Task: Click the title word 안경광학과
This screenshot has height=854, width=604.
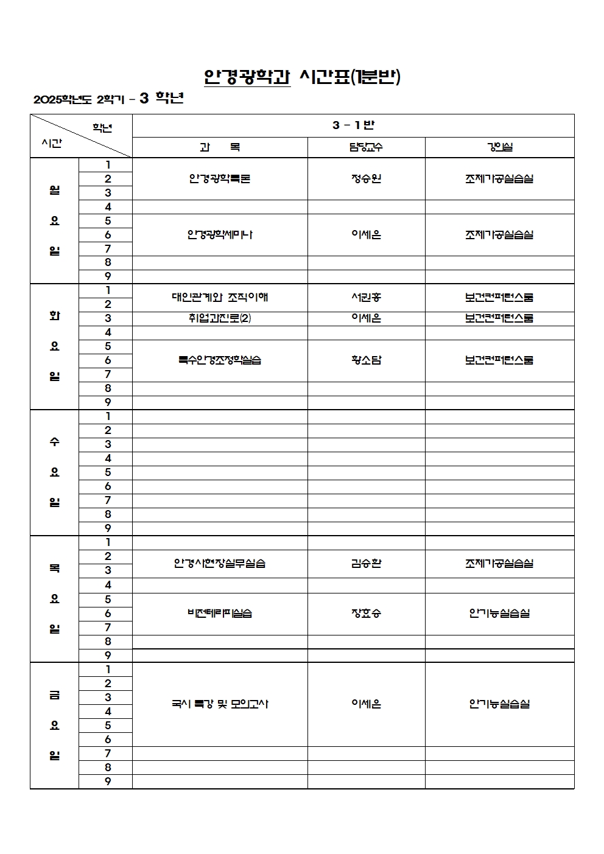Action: [x=247, y=77]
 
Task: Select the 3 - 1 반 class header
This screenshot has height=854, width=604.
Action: [x=353, y=125]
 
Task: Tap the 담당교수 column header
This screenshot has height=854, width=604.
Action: [x=366, y=147]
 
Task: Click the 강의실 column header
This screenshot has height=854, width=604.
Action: [x=499, y=147]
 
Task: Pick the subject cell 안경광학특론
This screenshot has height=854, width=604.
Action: [x=220, y=179]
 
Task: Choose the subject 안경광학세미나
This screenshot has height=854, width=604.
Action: [x=220, y=235]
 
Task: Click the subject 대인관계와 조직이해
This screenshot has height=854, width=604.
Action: [x=220, y=298]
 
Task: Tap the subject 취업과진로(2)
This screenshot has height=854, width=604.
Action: [x=220, y=318]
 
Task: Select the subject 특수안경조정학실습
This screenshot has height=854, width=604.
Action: [x=220, y=360]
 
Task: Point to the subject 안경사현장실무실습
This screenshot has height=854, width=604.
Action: [x=220, y=564]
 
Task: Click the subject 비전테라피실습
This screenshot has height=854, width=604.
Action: [x=220, y=614]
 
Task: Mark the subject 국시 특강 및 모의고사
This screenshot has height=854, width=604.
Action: [x=220, y=704]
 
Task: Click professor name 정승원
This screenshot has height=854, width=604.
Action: [x=366, y=179]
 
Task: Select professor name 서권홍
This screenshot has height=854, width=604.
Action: [x=366, y=298]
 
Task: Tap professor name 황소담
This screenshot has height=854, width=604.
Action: [x=366, y=360]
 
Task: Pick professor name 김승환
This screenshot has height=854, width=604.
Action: [x=366, y=564]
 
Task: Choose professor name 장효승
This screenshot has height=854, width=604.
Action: [x=366, y=614]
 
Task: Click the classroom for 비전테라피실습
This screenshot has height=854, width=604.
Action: [x=499, y=614]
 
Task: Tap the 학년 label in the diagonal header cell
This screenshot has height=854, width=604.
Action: [x=102, y=128]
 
